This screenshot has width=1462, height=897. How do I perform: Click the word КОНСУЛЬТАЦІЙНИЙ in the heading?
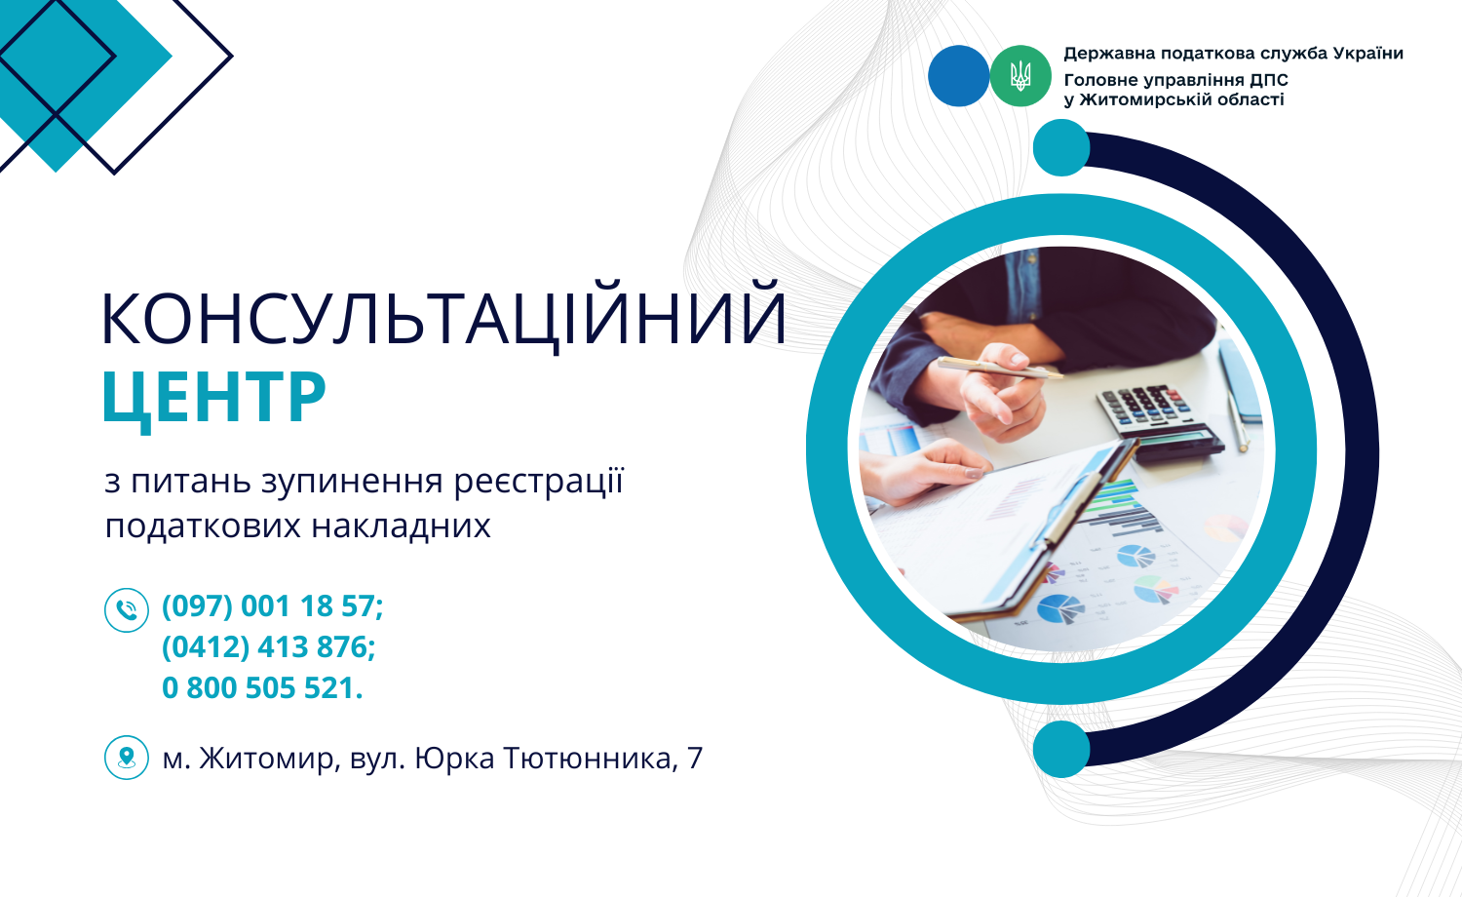click(443, 317)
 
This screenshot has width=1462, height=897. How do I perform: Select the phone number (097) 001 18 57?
click(269, 606)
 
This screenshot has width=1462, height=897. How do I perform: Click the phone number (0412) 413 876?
click(265, 647)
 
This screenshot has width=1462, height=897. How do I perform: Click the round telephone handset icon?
click(127, 610)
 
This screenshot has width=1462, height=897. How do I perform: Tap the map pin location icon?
click(127, 758)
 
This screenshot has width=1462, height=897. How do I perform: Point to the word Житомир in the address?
click(266, 759)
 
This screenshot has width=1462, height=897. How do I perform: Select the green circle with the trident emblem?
click(1020, 76)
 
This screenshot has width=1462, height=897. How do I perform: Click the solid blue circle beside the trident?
click(959, 76)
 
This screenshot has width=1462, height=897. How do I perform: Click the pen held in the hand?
click(1000, 368)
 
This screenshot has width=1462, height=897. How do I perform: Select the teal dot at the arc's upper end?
click(1061, 147)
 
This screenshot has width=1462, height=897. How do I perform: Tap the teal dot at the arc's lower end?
click(1061, 749)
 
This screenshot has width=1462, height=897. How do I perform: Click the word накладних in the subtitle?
click(401, 526)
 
